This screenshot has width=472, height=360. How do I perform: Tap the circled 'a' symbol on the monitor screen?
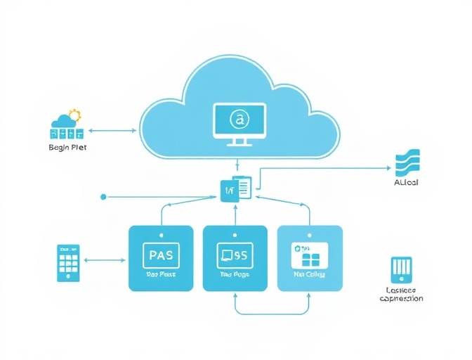tap(240, 121)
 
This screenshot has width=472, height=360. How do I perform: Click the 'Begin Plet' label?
tap(67, 147)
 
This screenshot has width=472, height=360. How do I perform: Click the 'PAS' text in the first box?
tap(161, 253)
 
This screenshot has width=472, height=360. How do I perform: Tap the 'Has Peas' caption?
tap(161, 275)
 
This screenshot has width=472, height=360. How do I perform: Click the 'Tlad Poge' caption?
tap(235, 275)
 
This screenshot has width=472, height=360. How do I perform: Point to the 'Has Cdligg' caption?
tap(310, 275)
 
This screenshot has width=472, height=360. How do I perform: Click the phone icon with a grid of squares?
tap(69, 263)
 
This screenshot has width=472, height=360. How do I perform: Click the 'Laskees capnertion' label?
tap(401, 294)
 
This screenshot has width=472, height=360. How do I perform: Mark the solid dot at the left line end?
tap(103, 197)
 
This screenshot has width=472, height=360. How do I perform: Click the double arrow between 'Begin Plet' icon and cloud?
tap(112, 130)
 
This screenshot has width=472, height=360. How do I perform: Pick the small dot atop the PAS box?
tap(161, 235)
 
